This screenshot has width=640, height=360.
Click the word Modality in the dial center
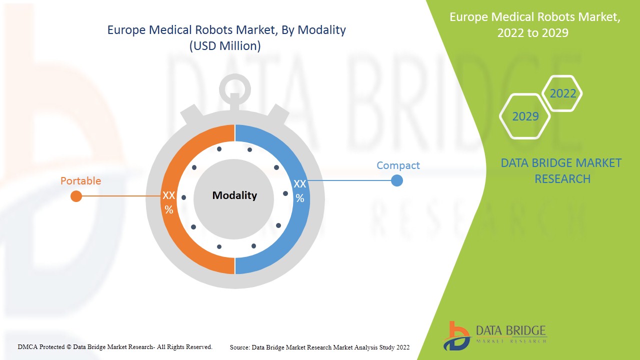point(234,195)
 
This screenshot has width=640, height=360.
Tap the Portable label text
point(80,181)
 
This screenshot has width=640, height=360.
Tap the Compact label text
point(398,165)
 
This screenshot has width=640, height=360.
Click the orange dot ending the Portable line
point(76,196)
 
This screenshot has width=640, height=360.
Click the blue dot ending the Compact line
point(396,180)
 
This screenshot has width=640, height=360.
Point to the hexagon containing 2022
point(562,93)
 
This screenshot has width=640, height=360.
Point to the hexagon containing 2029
point(525,116)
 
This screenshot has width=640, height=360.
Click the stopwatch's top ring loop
point(234,89)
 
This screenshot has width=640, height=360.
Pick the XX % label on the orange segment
point(169,202)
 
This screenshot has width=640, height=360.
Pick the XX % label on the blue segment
point(299,190)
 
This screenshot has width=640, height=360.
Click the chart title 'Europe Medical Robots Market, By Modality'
point(226,30)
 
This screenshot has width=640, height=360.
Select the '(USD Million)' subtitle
point(225,46)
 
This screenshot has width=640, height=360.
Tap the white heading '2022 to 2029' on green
point(532,33)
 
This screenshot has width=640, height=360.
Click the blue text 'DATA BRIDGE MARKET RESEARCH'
point(561,170)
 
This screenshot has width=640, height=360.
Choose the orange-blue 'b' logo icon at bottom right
point(456,335)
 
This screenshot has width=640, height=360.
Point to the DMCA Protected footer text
point(115,346)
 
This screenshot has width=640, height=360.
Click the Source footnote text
point(319,347)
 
